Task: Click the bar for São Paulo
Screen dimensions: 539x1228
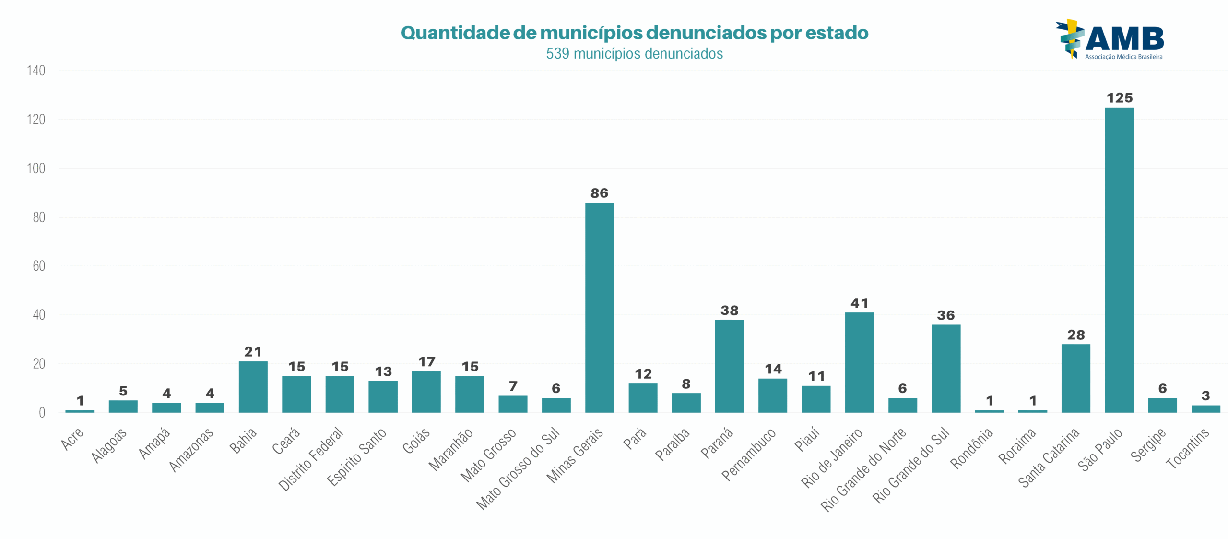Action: pyautogui.click(x=1119, y=260)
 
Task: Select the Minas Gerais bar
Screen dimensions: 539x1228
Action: pyautogui.click(x=599, y=307)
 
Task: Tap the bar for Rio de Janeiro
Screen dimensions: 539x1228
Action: pyautogui.click(x=859, y=362)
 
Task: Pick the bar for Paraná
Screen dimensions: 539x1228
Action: pyautogui.click(x=729, y=366)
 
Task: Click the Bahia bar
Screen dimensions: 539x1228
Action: pyautogui.click(x=253, y=387)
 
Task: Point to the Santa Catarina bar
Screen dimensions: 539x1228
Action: pyautogui.click(x=1075, y=378)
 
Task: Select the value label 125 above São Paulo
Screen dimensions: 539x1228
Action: pyautogui.click(x=1120, y=98)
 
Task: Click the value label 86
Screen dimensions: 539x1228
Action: pyautogui.click(x=599, y=193)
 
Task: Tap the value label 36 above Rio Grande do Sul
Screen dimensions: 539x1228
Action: pyautogui.click(x=946, y=315)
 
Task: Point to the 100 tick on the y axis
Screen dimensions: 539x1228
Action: pyautogui.click(x=36, y=168)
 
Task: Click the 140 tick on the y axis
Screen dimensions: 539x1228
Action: pyautogui.click(x=36, y=71)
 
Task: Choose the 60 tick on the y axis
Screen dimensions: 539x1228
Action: pyautogui.click(x=38, y=266)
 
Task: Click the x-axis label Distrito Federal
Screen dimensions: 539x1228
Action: pyautogui.click(x=311, y=459)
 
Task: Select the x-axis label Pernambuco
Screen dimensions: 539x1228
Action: pyautogui.click(x=749, y=454)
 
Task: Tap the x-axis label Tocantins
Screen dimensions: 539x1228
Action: pyautogui.click(x=1188, y=448)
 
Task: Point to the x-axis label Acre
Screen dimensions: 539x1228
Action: pyautogui.click(x=72, y=439)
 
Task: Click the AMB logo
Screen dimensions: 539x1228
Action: pyautogui.click(x=1110, y=40)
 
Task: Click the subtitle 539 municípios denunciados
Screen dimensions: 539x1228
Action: pyautogui.click(x=634, y=53)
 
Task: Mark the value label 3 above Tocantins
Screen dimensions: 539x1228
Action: pyautogui.click(x=1205, y=395)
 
